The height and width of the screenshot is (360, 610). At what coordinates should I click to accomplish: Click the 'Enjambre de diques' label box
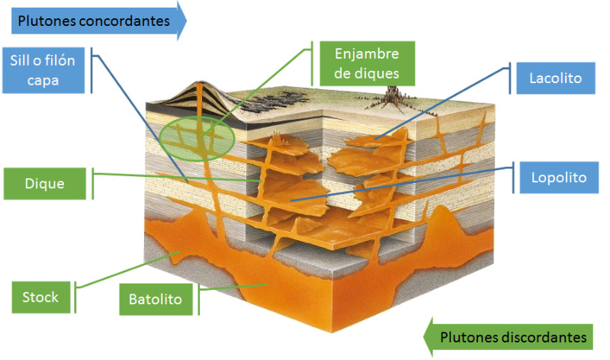(x=366, y=63)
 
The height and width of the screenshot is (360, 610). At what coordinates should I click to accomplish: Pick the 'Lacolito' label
(x=555, y=78)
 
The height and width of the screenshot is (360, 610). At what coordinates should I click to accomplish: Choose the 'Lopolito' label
(x=558, y=177)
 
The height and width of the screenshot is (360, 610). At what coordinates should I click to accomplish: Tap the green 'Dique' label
(x=43, y=184)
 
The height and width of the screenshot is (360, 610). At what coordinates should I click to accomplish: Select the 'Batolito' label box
(x=156, y=299)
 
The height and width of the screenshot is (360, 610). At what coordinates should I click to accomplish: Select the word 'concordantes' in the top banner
(x=125, y=21)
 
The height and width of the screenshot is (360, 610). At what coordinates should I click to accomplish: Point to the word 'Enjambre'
(x=366, y=53)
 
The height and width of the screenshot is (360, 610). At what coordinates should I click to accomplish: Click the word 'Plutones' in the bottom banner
(x=467, y=336)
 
